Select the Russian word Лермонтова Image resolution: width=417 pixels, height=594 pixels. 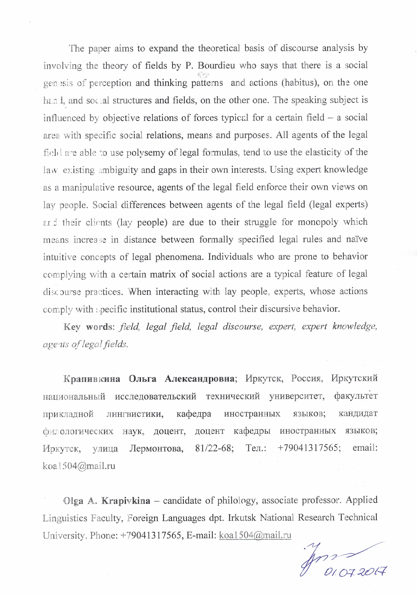pos(156,448)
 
